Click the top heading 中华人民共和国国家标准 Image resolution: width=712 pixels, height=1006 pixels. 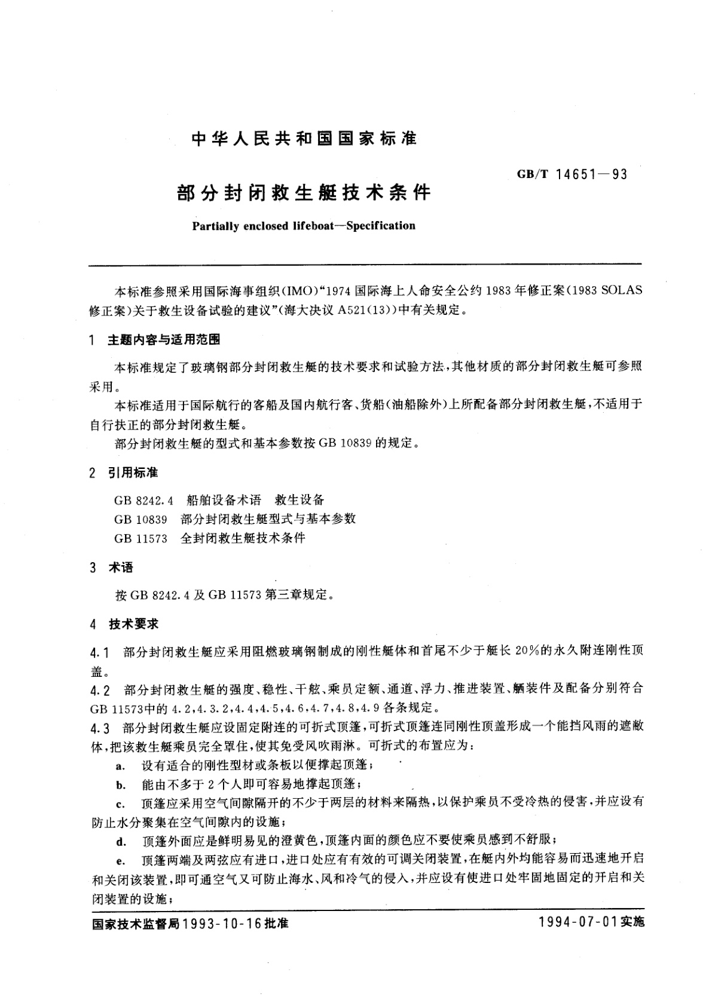pyautogui.click(x=304, y=139)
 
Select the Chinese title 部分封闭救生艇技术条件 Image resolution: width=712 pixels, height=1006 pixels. pyautogui.click(x=304, y=193)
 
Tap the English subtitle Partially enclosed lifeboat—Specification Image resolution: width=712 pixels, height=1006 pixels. pyautogui.click(x=303, y=226)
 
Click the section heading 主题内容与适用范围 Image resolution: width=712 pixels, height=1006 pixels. pyautogui.click(x=163, y=340)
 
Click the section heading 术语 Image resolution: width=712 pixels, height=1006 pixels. pyautogui.click(x=120, y=568)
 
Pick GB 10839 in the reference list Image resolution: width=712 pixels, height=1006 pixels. pyautogui.click(x=140, y=519)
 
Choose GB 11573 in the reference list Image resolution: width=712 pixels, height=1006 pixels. pyautogui.click(x=140, y=538)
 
